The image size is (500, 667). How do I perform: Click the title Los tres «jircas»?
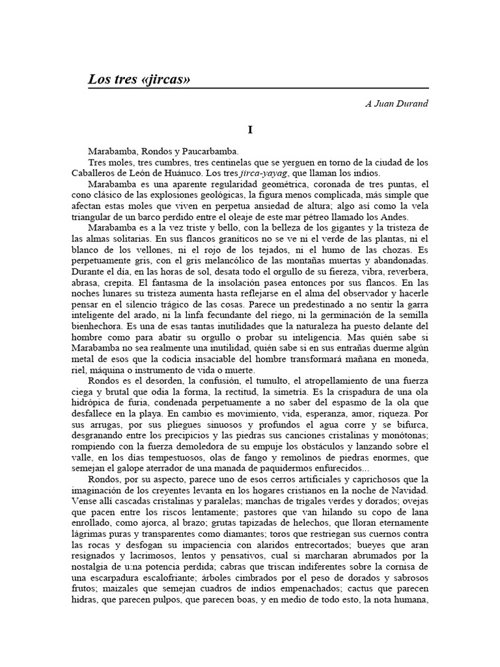pos(139,79)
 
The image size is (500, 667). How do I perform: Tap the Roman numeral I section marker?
pos(250,130)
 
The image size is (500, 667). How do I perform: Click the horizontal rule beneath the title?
pos(258,89)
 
